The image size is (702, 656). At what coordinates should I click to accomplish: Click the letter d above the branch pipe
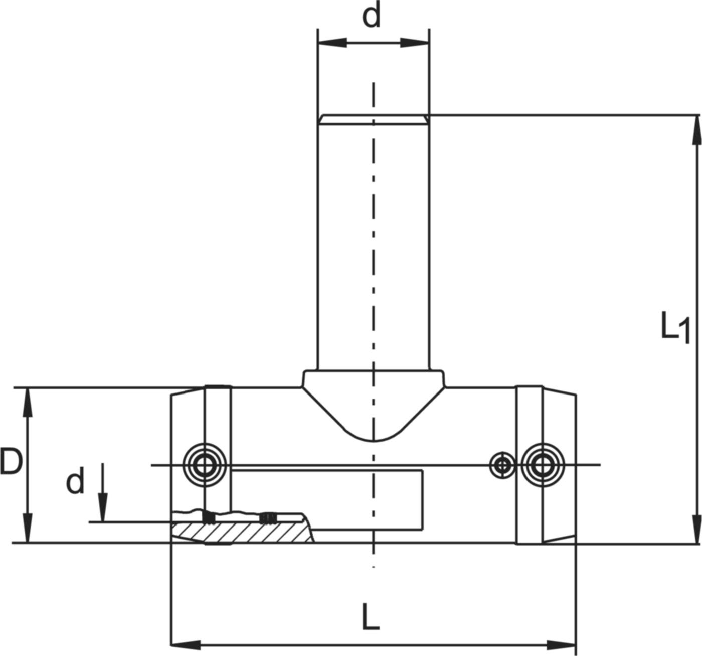[x=372, y=17]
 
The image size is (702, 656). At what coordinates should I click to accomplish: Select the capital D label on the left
[x=11, y=462]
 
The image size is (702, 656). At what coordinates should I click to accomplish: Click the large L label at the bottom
[x=370, y=617]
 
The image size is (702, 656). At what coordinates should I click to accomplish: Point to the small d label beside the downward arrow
[x=75, y=481]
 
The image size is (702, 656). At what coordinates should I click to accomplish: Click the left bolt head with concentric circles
[x=204, y=465]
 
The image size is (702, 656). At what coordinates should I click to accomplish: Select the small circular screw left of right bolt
[x=502, y=465]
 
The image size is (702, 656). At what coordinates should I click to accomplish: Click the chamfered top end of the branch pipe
[x=373, y=119]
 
